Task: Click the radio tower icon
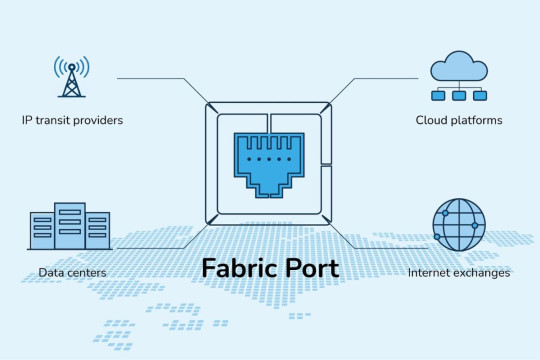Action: pyautogui.click(x=71, y=77)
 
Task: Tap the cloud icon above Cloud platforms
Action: pyautogui.click(x=459, y=68)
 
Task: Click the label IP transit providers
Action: pyautogui.click(x=73, y=120)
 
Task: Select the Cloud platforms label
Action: pyautogui.click(x=459, y=120)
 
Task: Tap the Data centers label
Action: pyautogui.click(x=73, y=272)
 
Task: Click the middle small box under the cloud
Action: pyautogui.click(x=459, y=96)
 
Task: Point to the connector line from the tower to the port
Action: pyautogui.click(x=160, y=77)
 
